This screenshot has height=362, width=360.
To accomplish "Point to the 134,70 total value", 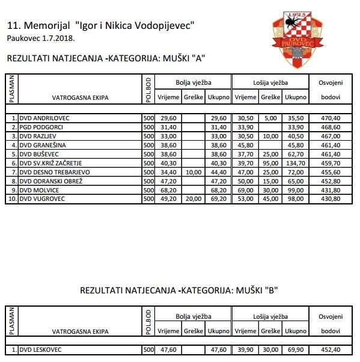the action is (296, 163).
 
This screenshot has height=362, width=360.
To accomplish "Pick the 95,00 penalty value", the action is (271, 163).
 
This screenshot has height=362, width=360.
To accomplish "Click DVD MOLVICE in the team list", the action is (40, 189).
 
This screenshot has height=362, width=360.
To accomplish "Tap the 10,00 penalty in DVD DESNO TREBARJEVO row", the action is (194, 172).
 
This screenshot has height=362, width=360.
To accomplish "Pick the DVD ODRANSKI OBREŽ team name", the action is (50, 180).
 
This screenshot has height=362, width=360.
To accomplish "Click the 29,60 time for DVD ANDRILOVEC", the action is (168, 118).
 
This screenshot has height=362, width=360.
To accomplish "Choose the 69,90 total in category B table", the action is (296, 349).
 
